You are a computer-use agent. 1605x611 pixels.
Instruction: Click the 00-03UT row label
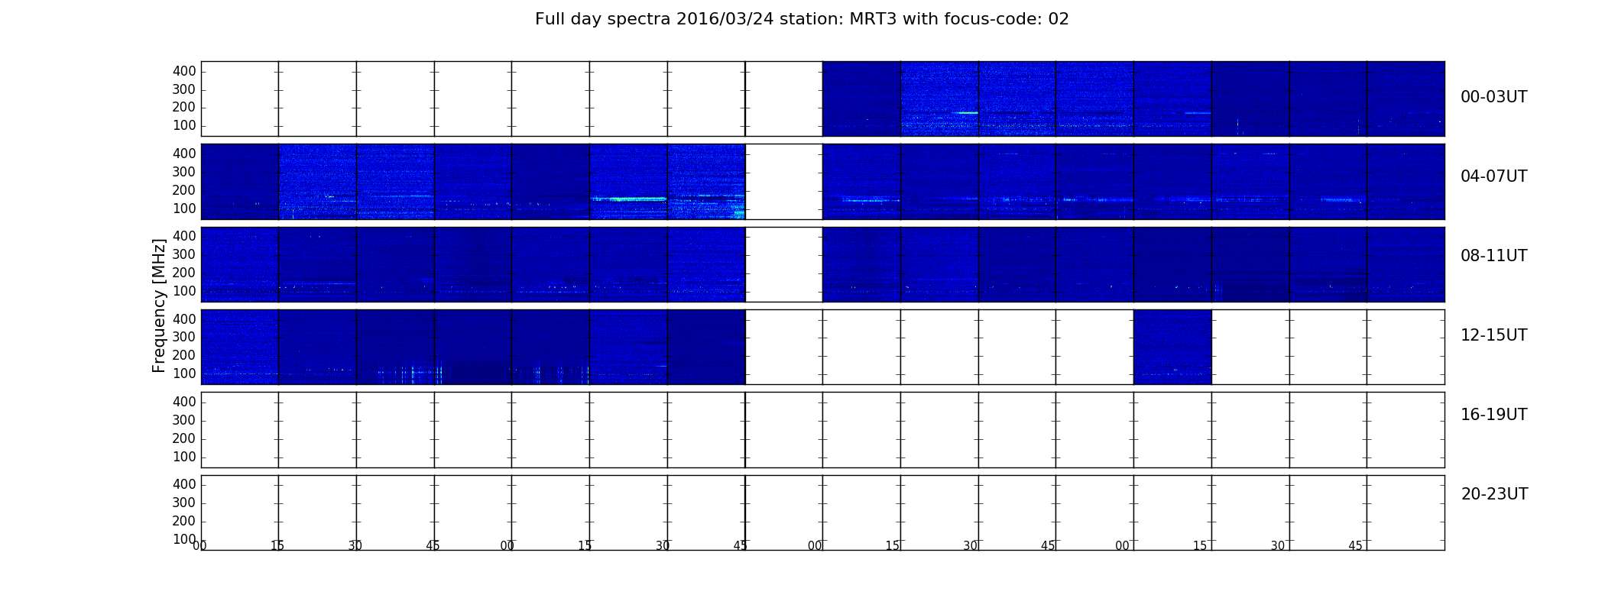[x=1493, y=97]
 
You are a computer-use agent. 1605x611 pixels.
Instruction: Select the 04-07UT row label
[x=1493, y=176]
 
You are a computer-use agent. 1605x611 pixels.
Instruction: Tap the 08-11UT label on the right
[x=1493, y=256]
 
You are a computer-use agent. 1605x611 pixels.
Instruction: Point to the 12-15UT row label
[x=1493, y=335]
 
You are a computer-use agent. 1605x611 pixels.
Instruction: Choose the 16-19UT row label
[x=1493, y=415]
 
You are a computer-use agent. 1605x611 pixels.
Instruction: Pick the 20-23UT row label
[x=1494, y=494]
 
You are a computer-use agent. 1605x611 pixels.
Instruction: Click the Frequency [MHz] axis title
[x=159, y=305]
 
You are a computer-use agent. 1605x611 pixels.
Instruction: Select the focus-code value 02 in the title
[x=1059, y=19]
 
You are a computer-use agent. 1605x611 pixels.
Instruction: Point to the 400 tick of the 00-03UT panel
[x=184, y=71]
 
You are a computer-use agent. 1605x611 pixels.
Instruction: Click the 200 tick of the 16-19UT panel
[x=184, y=438]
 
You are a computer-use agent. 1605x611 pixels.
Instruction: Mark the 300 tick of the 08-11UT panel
[x=184, y=254]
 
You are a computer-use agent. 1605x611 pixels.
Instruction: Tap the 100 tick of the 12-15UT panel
[x=184, y=373]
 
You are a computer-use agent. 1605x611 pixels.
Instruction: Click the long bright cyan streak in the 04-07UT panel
[x=628, y=199]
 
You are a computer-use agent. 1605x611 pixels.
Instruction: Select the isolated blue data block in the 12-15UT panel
[x=1172, y=347]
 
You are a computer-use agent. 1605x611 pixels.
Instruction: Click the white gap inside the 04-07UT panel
[x=784, y=182]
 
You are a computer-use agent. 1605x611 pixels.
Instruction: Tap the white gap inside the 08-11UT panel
[x=784, y=264]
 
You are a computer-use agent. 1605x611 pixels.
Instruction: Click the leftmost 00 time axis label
[x=199, y=545]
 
